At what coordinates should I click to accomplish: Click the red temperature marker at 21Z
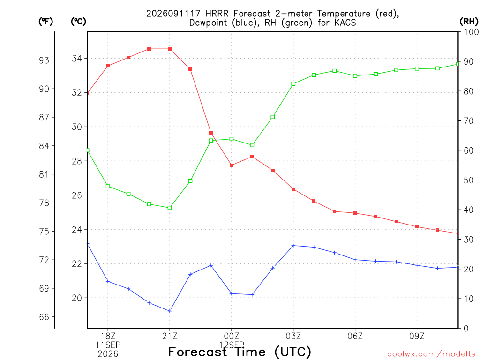click(170, 49)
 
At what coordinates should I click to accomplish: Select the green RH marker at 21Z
click(170, 208)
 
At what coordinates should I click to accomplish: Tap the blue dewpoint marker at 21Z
click(170, 311)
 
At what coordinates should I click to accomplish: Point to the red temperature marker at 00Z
click(232, 165)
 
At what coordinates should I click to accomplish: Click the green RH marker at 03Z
click(293, 84)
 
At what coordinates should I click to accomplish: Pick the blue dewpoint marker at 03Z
click(293, 246)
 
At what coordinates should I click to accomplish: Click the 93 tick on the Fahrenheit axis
click(44, 60)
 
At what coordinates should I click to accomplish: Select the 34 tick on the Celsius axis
click(77, 59)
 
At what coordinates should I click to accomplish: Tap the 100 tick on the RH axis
click(471, 32)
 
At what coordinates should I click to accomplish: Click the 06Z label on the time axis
click(355, 337)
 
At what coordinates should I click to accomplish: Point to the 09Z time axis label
click(417, 337)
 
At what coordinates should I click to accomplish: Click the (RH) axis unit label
click(469, 22)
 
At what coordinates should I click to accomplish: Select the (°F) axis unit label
click(45, 22)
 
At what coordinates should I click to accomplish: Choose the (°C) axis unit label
click(78, 22)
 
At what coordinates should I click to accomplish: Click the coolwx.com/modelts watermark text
click(431, 354)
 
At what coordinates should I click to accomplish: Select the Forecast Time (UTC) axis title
click(240, 352)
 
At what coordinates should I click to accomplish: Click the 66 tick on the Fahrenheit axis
click(44, 317)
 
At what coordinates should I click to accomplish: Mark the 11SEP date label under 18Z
click(108, 345)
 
